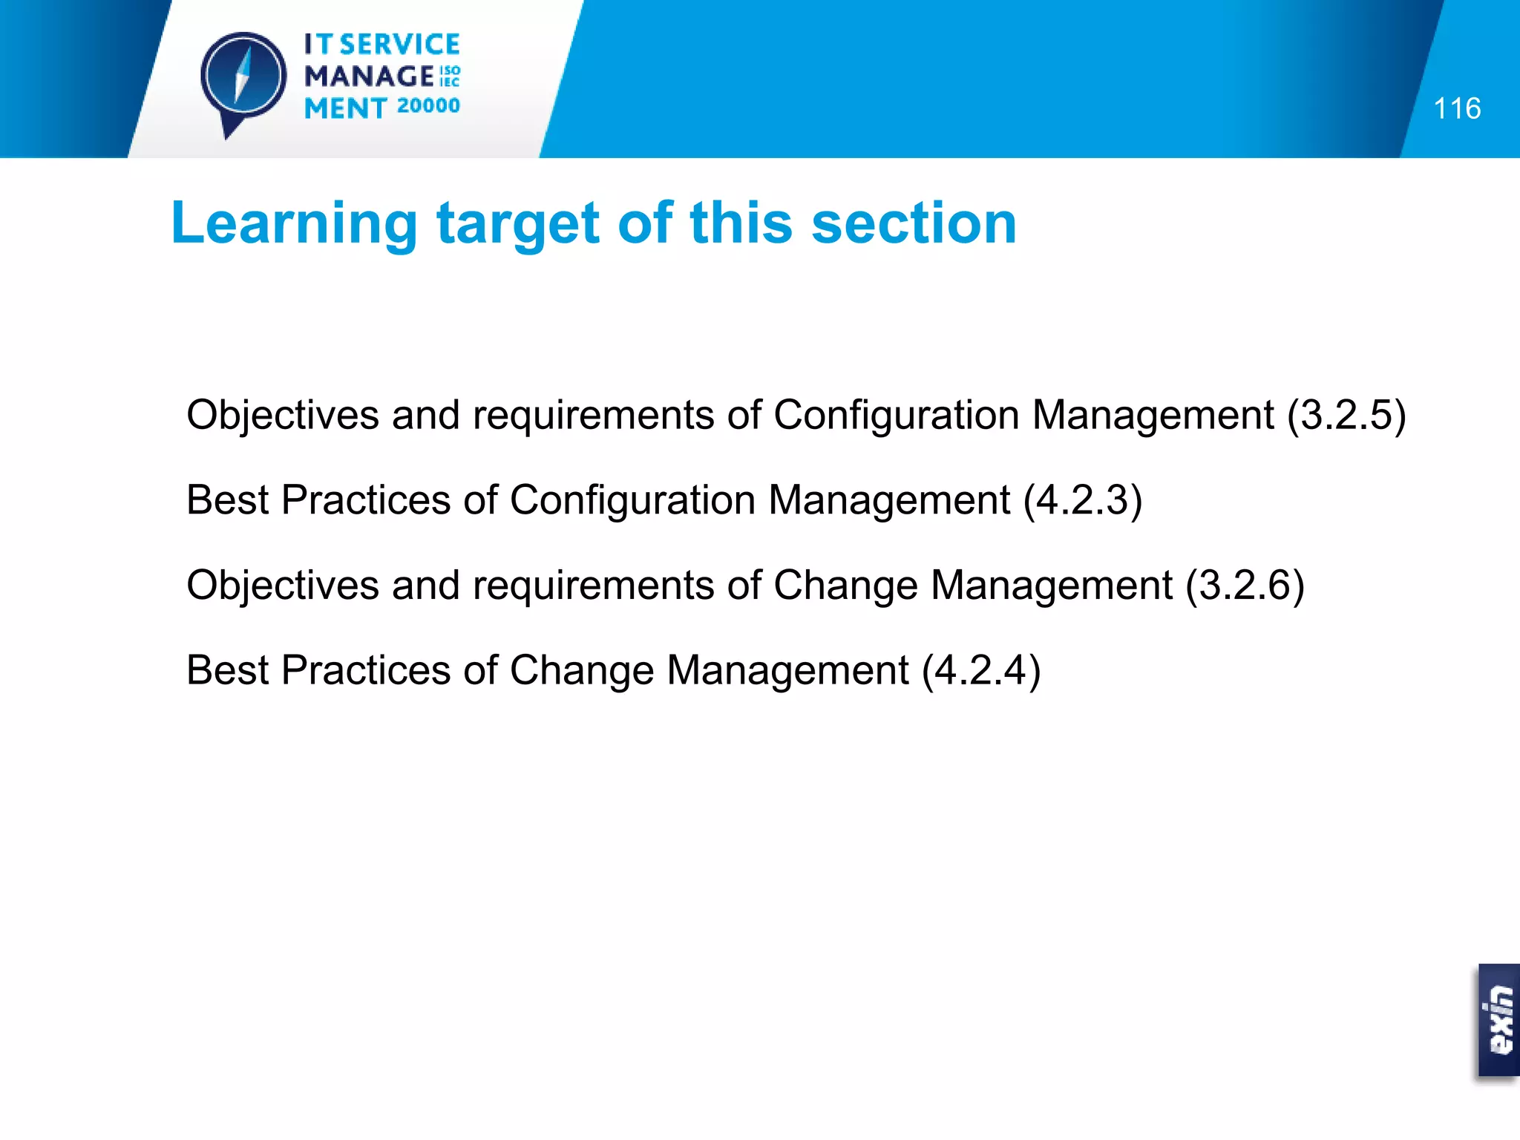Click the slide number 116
pyautogui.click(x=1457, y=109)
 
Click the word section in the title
pyautogui.click(x=914, y=223)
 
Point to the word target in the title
pyautogui.click(x=517, y=223)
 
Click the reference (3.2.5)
pyautogui.click(x=1346, y=415)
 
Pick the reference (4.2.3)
pyautogui.click(x=1083, y=500)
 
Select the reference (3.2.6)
pyautogui.click(x=1245, y=586)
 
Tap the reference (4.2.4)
pyautogui.click(x=981, y=670)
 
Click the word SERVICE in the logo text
pyautogui.click(x=400, y=45)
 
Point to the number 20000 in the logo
pyautogui.click(x=428, y=106)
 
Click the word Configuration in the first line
pyautogui.click(x=896, y=415)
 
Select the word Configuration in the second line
pyautogui.click(x=632, y=500)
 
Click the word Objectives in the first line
pyautogui.click(x=283, y=415)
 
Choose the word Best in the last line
pyautogui.click(x=227, y=670)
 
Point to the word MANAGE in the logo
pyautogui.click(x=369, y=76)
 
